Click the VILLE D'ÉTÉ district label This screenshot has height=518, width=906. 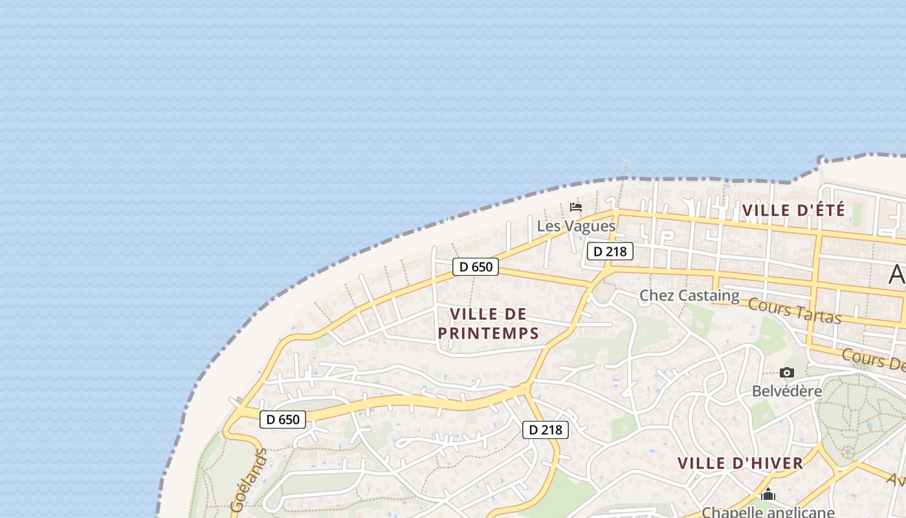(793, 210)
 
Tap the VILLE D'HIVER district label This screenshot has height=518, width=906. (740, 464)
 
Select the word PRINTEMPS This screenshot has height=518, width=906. (489, 333)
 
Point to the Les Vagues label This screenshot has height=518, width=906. (576, 226)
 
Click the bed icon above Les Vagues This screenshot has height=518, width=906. (576, 207)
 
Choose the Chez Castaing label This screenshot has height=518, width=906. (689, 296)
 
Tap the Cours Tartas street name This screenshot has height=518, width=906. (795, 311)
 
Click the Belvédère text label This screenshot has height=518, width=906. (787, 391)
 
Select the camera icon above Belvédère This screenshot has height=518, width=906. (787, 372)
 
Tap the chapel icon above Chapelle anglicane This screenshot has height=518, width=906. (768, 495)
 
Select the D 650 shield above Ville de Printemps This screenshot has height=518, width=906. (476, 267)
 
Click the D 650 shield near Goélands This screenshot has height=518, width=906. (283, 420)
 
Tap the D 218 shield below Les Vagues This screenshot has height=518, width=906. (610, 251)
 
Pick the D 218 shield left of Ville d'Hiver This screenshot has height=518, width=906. (546, 430)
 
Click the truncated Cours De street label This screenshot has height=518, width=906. (874, 360)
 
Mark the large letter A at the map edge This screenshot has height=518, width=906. (898, 275)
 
